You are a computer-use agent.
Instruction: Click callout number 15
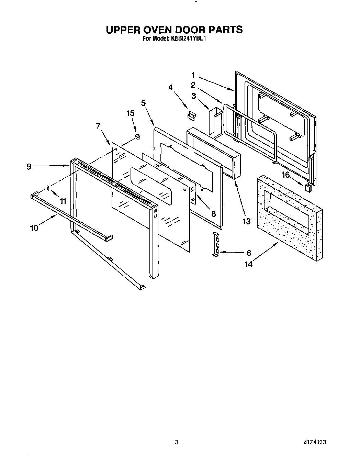[130, 113]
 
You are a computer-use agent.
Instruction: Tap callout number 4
[170, 87]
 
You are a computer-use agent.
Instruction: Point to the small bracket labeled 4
[191, 115]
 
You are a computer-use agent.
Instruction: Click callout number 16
[286, 175]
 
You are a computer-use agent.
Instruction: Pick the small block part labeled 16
[308, 187]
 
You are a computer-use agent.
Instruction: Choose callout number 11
[63, 201]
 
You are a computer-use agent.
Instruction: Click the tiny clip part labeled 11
[48, 188]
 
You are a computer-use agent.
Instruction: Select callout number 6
[249, 253]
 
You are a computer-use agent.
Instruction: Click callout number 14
[248, 264]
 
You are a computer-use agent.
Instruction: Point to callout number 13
[247, 221]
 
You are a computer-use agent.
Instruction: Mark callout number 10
[34, 227]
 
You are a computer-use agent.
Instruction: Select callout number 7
[99, 126]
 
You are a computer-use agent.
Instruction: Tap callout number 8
[213, 214]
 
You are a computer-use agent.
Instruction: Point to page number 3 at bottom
[176, 442]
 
